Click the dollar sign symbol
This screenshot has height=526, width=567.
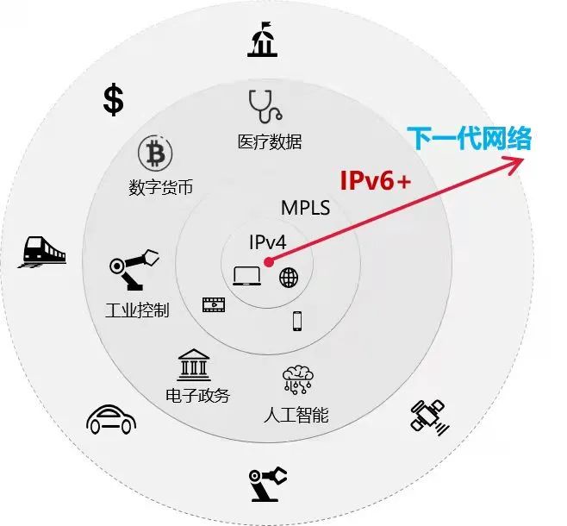(x=113, y=99)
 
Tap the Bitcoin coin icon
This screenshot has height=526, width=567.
(x=156, y=153)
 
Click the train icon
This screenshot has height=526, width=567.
(x=41, y=253)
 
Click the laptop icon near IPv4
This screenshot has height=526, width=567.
(x=247, y=276)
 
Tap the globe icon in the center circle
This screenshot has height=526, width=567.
(x=289, y=277)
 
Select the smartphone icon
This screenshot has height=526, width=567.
(x=297, y=321)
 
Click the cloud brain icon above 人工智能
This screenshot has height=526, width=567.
(x=298, y=380)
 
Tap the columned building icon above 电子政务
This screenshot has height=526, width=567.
(x=193, y=366)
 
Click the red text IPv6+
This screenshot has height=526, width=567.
(x=375, y=180)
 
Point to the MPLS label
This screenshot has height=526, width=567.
(x=306, y=208)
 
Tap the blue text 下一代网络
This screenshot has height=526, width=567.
(x=469, y=138)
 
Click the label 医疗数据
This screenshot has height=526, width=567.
(x=270, y=141)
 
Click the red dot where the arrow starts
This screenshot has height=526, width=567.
(x=269, y=260)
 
